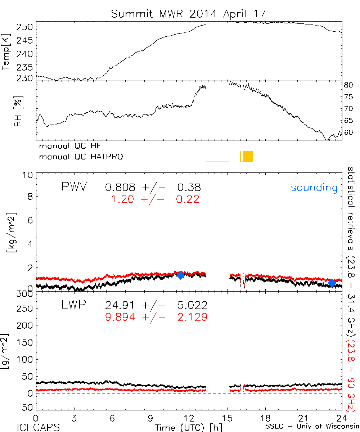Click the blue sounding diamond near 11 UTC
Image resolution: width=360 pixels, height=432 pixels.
pos(180,275)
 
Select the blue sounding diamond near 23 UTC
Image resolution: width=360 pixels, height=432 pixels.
pos(332,283)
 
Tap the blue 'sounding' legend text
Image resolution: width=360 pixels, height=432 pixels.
pos(314,188)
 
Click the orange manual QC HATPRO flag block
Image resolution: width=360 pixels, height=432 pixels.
pos(248,156)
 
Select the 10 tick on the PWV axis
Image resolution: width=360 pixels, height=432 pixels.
pos(29,175)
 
